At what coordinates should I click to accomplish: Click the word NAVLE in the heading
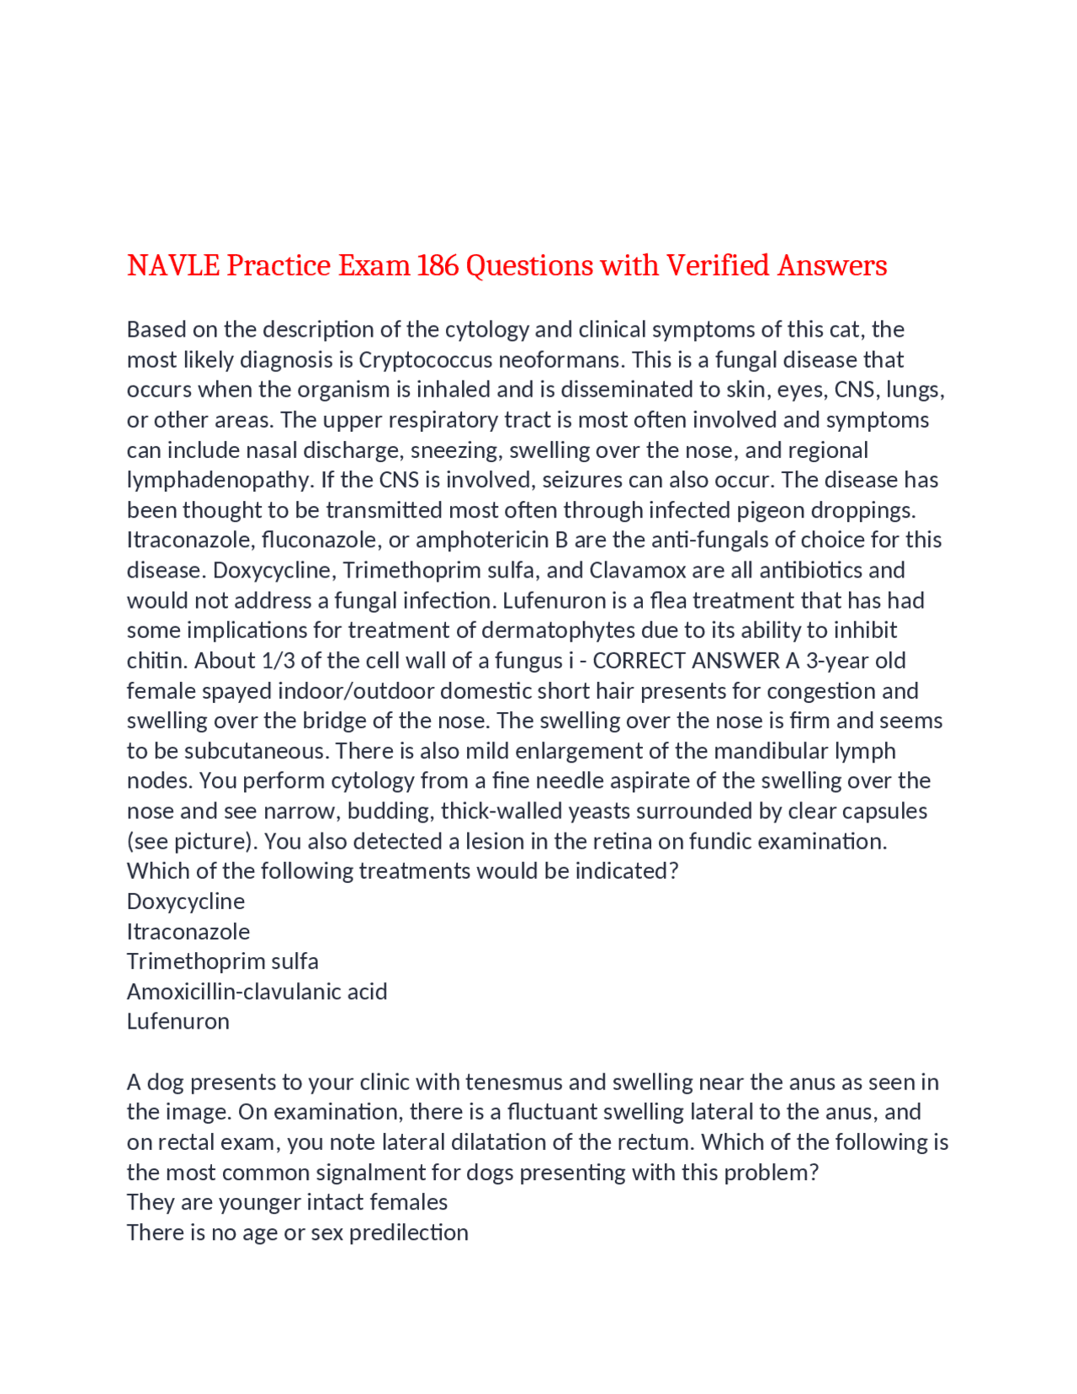[x=173, y=265]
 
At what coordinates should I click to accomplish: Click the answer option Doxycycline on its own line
[x=186, y=901]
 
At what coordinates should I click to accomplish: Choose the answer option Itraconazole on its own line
[x=188, y=931]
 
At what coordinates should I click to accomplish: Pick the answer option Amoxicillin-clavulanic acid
[x=257, y=991]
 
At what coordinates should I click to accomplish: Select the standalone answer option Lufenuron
[x=178, y=1021]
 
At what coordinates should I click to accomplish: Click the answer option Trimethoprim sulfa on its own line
[x=223, y=960]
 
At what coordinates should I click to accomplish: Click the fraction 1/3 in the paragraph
[x=278, y=660]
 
